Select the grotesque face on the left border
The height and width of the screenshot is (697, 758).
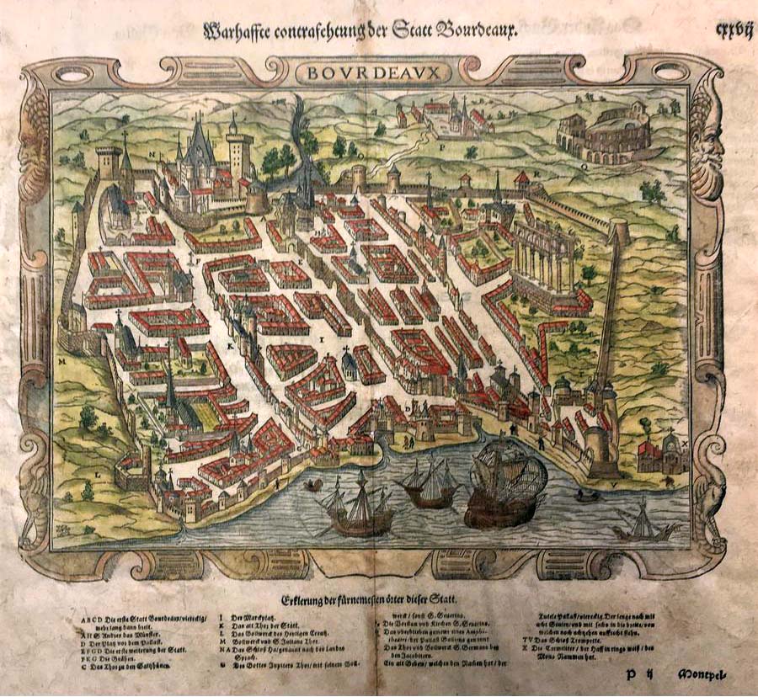coord(37,152)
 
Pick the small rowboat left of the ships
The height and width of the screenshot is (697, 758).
coord(312,486)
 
